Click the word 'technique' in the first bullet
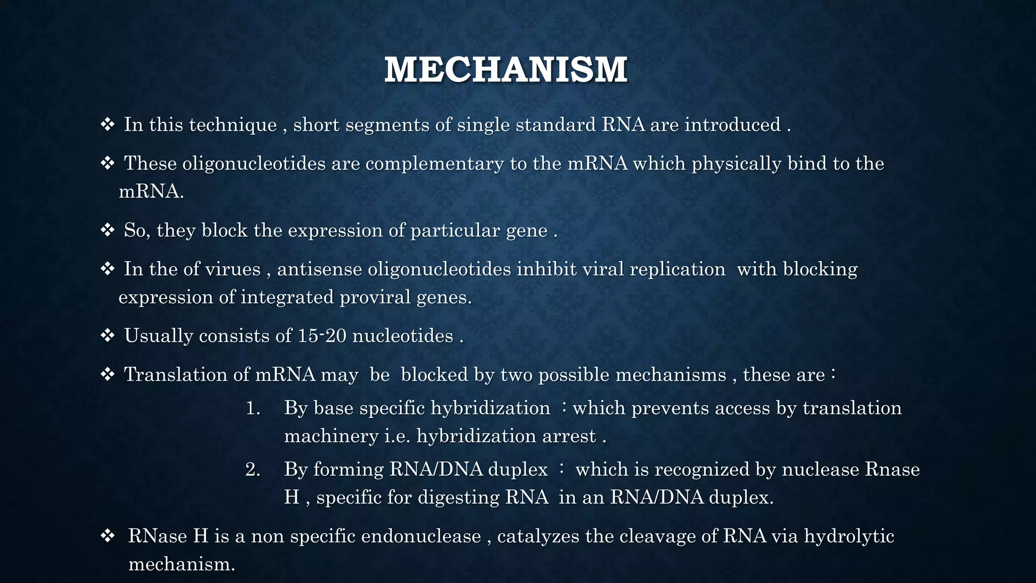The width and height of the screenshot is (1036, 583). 233,125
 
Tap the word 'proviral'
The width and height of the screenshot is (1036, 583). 375,297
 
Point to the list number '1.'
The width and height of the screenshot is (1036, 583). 253,408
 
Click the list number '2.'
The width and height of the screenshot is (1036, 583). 253,470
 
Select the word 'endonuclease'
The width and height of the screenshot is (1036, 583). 421,536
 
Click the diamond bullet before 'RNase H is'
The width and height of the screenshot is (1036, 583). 107,536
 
